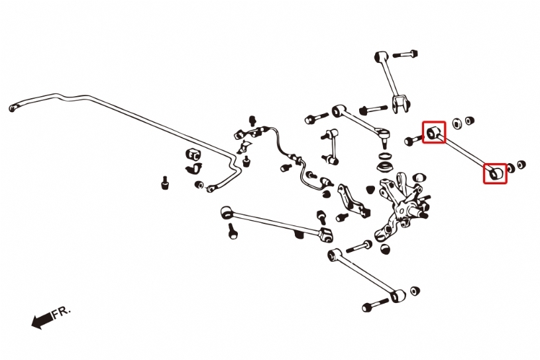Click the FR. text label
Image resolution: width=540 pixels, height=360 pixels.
[62, 312]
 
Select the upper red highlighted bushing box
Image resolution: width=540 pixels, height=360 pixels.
[434, 132]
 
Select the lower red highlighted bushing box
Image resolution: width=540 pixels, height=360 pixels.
[495, 173]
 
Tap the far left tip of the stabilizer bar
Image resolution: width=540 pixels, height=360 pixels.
[11, 108]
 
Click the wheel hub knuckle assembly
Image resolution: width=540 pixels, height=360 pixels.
[402, 207]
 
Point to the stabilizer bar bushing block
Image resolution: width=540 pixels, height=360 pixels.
[193, 155]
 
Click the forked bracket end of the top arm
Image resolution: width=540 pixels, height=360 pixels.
[401, 103]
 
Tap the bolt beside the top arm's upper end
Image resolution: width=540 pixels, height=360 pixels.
[405, 54]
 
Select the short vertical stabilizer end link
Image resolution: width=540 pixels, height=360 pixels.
[331, 146]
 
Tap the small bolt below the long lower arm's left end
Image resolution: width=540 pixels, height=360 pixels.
[233, 231]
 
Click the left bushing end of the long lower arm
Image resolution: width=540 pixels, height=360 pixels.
[227, 212]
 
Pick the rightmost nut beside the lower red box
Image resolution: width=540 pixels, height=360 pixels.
[521, 164]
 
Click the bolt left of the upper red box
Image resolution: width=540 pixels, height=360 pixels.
[413, 141]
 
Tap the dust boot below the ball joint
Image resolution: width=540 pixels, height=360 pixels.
[384, 164]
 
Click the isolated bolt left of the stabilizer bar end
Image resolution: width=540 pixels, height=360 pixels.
[165, 183]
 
